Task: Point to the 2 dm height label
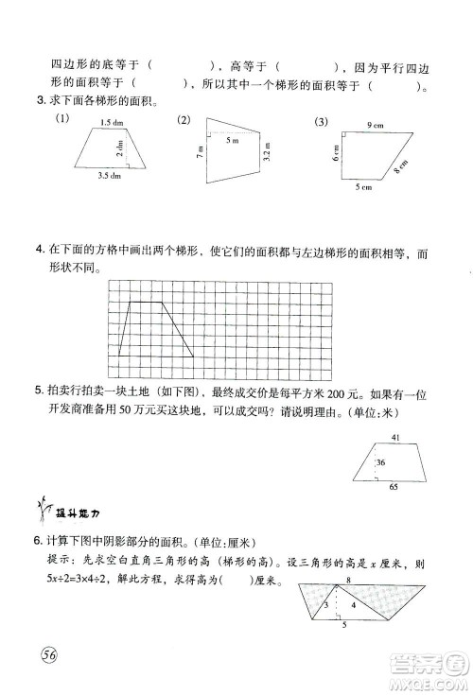[120, 148]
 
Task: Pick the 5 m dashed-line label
[233, 140]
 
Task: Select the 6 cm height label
[336, 155]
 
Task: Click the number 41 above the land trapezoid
[394, 435]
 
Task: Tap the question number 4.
[38, 251]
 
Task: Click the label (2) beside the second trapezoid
[184, 119]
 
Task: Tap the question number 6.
[38, 543]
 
